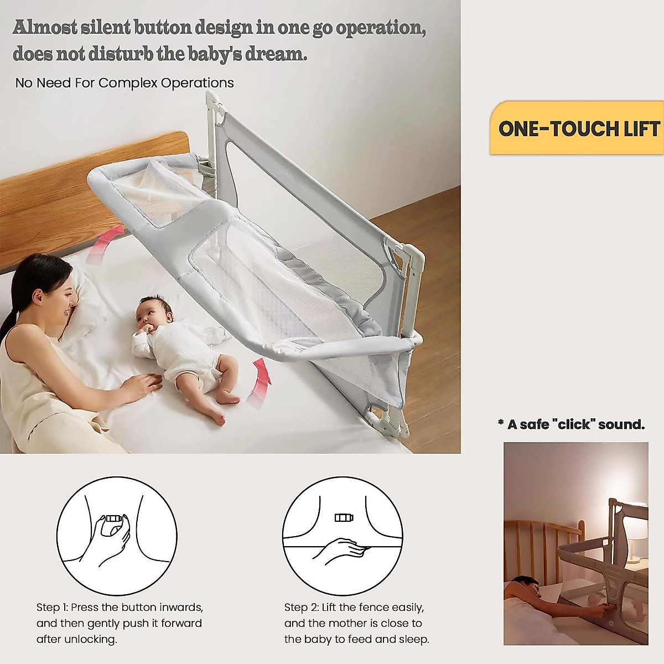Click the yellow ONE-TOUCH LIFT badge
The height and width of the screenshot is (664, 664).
(577, 128)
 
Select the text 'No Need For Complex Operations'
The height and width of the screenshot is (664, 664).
(124, 83)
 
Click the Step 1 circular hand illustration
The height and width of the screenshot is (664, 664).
(117, 536)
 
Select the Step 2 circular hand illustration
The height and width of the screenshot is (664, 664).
(343, 536)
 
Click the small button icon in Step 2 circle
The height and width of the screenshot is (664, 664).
(344, 518)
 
